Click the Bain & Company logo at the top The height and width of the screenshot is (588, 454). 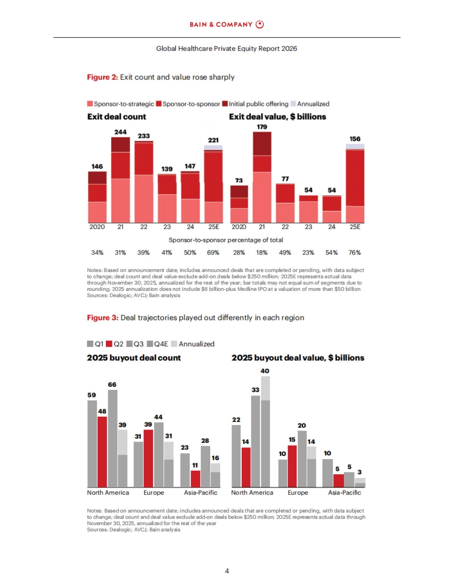[227, 25]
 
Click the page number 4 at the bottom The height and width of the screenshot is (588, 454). [227, 571]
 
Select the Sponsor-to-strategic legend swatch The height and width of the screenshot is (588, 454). [90, 104]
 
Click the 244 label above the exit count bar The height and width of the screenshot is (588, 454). [120, 132]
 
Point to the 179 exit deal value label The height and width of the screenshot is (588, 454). [262, 127]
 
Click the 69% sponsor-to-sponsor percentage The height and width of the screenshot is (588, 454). [213, 253]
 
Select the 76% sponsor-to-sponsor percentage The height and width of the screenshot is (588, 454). [354, 253]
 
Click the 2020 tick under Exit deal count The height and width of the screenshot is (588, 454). [97, 227]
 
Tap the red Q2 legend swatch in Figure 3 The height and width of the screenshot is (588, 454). [109, 344]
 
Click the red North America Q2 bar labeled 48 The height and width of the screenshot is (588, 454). [102, 451]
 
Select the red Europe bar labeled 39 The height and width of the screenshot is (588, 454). [148, 458]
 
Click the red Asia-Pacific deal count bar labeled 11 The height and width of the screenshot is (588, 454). [195, 479]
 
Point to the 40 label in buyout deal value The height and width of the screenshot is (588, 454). [265, 371]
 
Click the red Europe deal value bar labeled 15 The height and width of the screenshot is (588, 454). [292, 466]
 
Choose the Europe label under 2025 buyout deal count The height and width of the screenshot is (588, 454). [154, 493]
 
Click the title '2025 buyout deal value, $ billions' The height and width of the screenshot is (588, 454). [298, 358]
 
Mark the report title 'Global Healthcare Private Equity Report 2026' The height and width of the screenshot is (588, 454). [227, 48]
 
